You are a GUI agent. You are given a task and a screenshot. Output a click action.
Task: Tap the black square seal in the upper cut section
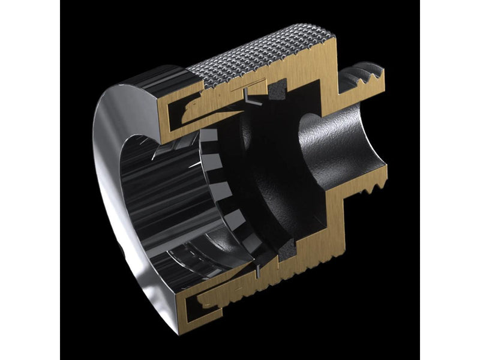(x=277, y=91)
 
